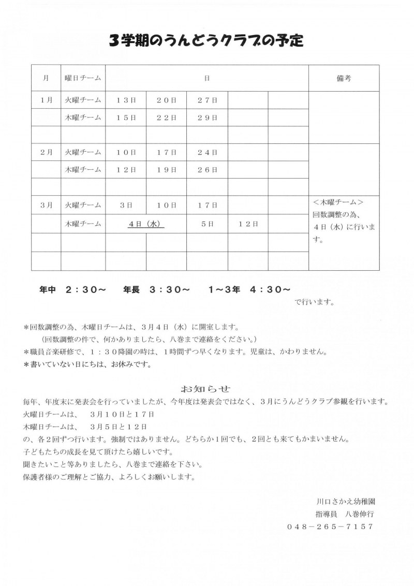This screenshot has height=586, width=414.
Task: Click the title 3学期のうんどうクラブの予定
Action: [x=206, y=40]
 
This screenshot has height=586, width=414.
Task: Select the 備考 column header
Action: [x=344, y=78]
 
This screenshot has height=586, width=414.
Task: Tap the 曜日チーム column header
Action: [x=83, y=78]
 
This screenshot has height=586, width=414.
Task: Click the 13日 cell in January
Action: [x=126, y=100]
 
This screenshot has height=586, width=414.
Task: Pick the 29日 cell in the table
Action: [x=207, y=118]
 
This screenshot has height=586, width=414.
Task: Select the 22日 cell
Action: [x=166, y=118]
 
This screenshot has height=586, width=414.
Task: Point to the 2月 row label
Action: [x=46, y=152]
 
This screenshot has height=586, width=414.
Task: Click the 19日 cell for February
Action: [x=166, y=170]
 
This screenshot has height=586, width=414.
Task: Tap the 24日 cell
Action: [x=207, y=152]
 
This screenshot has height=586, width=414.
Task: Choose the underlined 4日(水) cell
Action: [x=146, y=224]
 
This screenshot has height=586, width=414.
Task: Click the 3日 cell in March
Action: [x=126, y=205]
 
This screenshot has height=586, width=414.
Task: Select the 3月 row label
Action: [x=46, y=205]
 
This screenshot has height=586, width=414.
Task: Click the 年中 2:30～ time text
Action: [x=73, y=290]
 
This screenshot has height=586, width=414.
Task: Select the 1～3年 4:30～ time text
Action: [x=249, y=290]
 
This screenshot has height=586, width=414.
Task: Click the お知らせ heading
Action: [x=205, y=388]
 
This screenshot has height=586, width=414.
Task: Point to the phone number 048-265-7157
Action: [x=330, y=526]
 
